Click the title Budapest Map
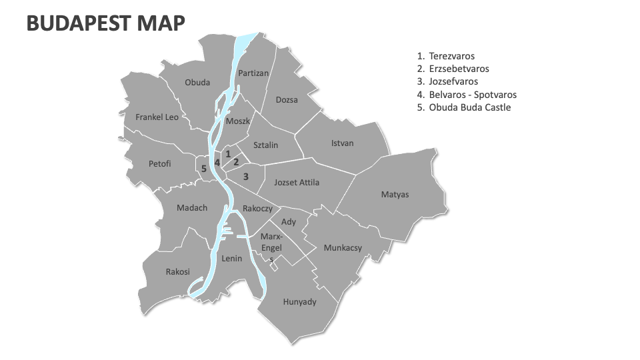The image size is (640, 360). tap(106, 23)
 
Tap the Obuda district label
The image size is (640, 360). tap(197, 83)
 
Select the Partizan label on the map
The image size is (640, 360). tap(253, 73)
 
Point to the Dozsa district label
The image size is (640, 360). tap(287, 100)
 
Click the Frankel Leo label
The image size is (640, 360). tap(157, 117)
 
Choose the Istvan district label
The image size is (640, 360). tap(343, 143)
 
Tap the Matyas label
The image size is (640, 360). tap(395, 195)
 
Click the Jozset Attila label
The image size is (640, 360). tap(297, 182)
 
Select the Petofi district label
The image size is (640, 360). tap(160, 163)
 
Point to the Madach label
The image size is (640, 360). tap(192, 208)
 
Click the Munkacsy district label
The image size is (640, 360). tap(343, 248)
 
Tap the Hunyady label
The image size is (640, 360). tap(299, 302)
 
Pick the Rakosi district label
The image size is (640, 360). tap(178, 272)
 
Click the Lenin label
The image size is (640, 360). tap(231, 259)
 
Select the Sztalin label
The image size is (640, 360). tap(266, 145)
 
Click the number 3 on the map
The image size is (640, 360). tap(246, 177)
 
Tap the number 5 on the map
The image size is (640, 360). tap(204, 169)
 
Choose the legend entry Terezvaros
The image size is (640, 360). tap(451, 57)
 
